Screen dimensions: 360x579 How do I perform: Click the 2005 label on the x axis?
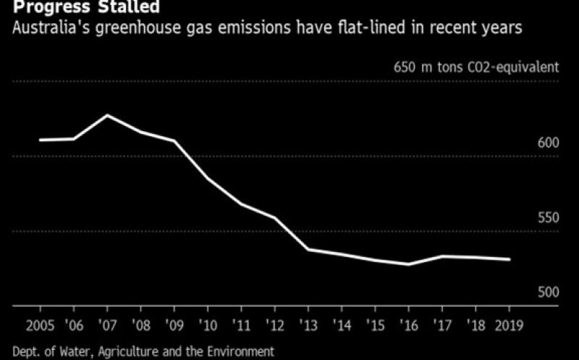click(x=39, y=323)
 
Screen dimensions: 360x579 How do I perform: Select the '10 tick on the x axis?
click(x=208, y=323)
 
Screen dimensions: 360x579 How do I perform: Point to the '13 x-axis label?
click(x=308, y=323)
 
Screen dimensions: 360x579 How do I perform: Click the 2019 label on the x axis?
click(x=510, y=323)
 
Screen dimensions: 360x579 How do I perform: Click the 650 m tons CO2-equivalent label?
click(x=476, y=68)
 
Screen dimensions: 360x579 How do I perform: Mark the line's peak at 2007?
click(x=108, y=115)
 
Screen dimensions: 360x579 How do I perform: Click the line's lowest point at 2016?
click(x=408, y=264)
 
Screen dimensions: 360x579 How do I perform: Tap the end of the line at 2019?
click(x=510, y=259)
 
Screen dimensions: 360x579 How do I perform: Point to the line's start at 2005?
click(x=40, y=140)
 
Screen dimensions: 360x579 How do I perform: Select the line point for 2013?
click(x=308, y=249)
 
